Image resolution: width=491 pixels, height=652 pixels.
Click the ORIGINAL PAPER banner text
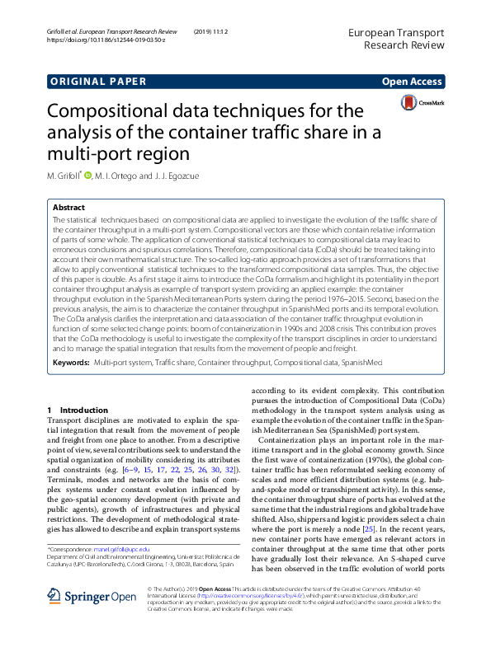tap(97, 81)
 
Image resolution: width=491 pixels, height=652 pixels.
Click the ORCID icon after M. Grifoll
tap(88, 176)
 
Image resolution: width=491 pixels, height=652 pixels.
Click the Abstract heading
tap(69, 209)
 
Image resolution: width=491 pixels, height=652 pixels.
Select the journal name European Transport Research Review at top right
tap(397, 38)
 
